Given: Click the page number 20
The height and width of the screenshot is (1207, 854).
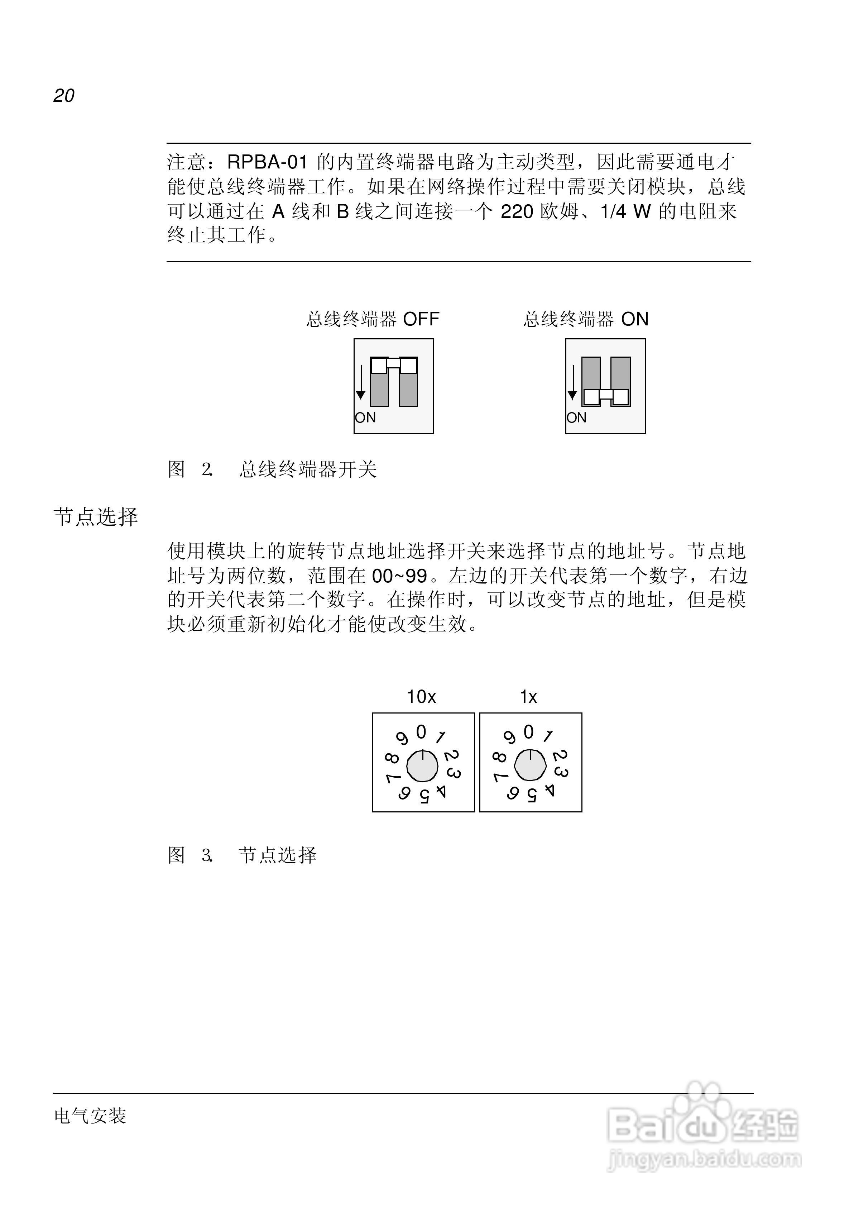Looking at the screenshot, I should point(64,95).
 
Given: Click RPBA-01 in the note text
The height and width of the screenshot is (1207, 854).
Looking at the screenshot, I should point(267,162).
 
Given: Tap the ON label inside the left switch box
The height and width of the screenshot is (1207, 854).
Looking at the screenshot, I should point(365,418).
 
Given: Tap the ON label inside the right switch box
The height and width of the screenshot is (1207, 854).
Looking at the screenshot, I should point(576,418).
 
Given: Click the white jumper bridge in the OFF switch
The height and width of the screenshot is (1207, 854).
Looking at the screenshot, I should point(394,364).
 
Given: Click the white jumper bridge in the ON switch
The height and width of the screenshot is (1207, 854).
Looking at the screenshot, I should point(606,397).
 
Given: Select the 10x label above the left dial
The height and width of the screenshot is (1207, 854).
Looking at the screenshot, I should point(421,697).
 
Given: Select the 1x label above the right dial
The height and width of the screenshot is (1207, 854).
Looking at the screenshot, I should point(528,697).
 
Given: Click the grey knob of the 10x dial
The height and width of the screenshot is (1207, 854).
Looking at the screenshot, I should point(422,766).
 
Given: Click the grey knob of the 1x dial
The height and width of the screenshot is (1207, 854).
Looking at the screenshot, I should point(530,766).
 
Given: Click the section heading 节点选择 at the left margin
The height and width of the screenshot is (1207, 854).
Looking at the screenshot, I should point(96,517).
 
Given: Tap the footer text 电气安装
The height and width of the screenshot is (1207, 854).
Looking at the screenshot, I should point(90,1116).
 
